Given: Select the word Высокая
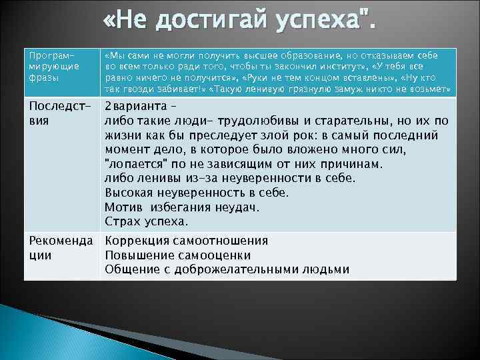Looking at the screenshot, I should coord(128,193).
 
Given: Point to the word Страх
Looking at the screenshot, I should coord(122,221).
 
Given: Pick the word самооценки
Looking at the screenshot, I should coord(213,255).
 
